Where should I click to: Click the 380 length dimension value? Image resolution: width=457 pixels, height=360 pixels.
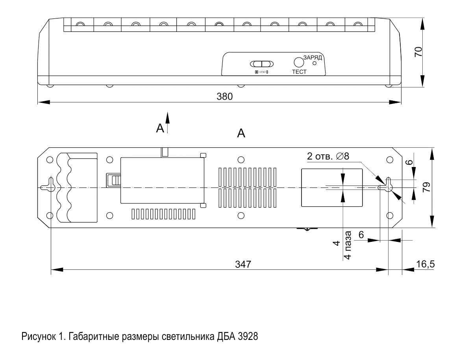225,96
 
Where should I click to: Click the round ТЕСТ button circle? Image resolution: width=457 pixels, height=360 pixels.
299,62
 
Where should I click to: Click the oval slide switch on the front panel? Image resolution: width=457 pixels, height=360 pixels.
262,64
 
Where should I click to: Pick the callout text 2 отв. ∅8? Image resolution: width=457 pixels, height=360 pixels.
328,156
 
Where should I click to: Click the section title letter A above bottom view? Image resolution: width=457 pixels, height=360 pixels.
241,134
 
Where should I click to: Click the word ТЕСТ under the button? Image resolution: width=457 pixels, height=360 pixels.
299,72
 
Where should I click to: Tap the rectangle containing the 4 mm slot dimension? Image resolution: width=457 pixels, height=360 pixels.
332,187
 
